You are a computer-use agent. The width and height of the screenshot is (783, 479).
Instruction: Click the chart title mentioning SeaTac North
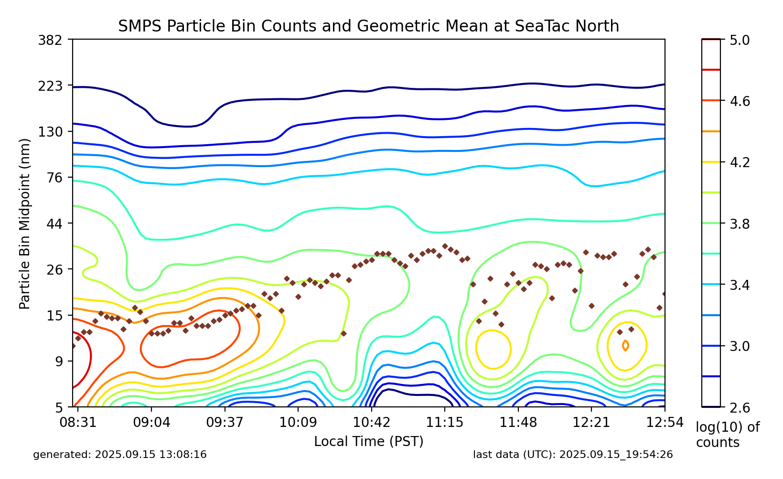click(368, 26)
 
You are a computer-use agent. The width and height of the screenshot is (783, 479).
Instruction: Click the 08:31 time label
click(78, 423)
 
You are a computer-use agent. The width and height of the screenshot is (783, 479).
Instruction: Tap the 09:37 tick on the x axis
click(225, 423)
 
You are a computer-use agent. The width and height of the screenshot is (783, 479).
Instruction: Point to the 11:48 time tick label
click(517, 423)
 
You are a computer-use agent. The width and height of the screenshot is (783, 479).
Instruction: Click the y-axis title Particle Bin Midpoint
click(25, 224)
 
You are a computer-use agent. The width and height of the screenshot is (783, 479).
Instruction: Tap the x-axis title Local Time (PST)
click(368, 441)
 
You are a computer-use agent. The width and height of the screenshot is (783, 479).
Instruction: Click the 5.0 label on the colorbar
click(740, 40)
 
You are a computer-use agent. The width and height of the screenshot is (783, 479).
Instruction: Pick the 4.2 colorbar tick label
click(740, 163)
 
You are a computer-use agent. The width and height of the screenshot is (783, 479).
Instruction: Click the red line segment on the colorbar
click(711, 70)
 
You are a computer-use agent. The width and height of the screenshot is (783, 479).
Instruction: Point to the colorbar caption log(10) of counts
click(727, 435)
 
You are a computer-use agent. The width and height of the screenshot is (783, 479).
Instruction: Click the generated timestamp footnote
click(120, 455)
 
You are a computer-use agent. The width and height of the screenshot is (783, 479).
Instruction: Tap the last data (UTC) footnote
click(573, 455)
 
